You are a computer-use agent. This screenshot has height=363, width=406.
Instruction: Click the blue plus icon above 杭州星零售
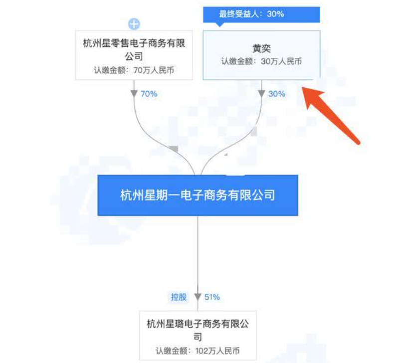[x=134, y=24]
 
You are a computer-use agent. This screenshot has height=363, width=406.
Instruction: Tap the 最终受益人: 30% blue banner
[x=261, y=14]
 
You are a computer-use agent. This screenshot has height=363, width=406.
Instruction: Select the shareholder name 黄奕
[x=261, y=48]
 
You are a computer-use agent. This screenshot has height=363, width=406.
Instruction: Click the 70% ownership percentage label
[x=149, y=94]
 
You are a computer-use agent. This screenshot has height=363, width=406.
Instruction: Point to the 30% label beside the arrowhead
[x=277, y=94]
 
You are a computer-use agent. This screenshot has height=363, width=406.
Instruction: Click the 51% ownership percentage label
[x=212, y=297]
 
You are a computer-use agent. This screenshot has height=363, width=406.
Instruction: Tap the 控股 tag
[x=179, y=297]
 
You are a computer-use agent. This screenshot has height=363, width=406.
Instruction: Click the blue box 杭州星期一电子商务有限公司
[x=198, y=195]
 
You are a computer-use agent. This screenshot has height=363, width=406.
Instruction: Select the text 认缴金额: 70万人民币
[x=134, y=70]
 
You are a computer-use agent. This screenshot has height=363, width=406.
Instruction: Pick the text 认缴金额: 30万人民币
[x=261, y=61]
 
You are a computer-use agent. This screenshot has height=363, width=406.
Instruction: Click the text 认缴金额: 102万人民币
[x=198, y=351]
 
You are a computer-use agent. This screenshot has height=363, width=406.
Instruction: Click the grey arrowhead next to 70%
[x=134, y=93]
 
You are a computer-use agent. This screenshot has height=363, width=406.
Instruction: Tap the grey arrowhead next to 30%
[x=261, y=93]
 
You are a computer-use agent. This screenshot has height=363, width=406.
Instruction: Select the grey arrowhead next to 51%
[x=198, y=297]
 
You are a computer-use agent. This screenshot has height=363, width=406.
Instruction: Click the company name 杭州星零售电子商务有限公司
[x=134, y=49]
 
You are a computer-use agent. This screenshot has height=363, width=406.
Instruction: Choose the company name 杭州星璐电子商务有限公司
[x=198, y=330]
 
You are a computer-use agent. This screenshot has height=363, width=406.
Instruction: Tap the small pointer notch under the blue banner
[x=219, y=24]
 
